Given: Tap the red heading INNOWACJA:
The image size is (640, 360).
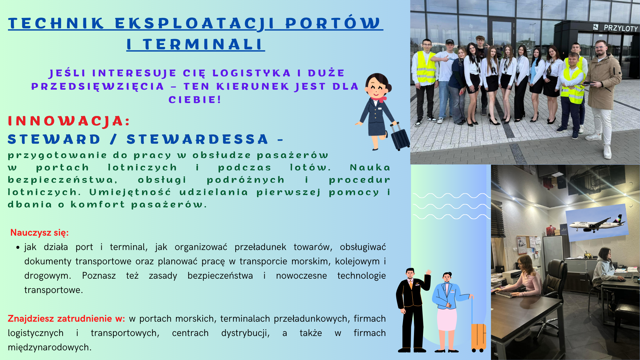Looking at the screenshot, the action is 69,121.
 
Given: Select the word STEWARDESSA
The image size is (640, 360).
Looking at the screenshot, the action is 197,139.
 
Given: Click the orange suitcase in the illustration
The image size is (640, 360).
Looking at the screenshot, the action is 478,337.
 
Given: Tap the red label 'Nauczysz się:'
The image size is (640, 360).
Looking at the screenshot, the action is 39,232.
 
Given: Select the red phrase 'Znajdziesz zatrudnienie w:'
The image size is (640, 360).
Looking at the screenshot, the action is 66,318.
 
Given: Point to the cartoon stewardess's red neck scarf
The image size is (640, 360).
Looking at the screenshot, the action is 379,99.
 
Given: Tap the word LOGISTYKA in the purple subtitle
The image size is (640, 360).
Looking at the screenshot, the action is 252,73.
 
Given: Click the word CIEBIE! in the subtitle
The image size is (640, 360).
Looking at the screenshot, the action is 195,99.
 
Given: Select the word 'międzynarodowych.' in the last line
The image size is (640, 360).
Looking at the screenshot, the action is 50,347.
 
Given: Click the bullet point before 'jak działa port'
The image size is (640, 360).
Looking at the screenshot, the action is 18,247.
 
